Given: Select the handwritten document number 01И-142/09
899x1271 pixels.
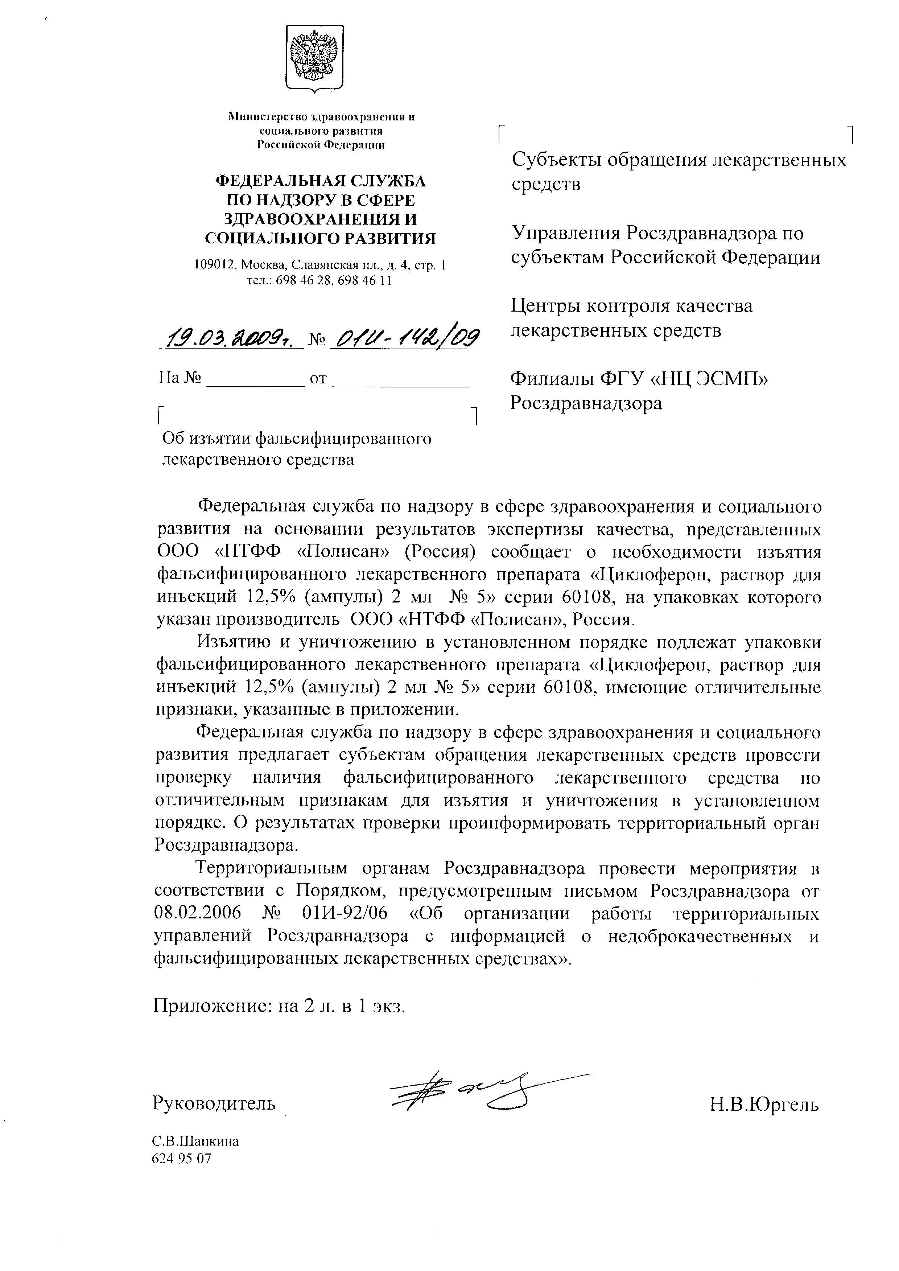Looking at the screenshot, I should (x=404, y=335).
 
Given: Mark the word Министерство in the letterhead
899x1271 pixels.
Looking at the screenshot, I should (x=260, y=118).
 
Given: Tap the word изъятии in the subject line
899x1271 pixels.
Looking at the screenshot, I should (x=220, y=439).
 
